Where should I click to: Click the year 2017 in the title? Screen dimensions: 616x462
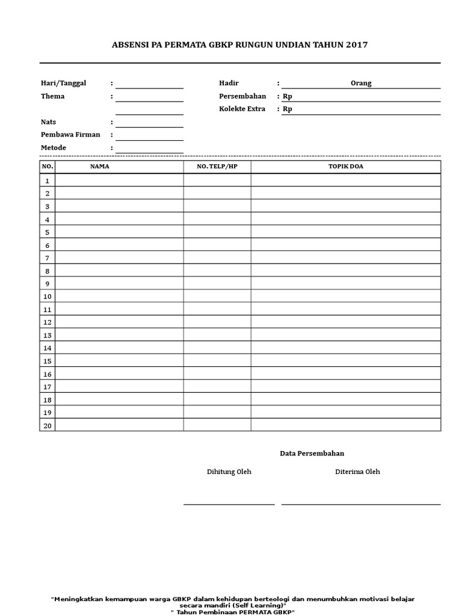[x=357, y=45]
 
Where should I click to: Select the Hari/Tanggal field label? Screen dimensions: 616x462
[x=64, y=83]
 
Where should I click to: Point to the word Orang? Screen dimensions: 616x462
[x=361, y=84]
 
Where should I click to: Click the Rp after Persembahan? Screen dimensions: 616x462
[x=288, y=96]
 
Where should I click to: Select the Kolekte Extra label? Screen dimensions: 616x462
[x=242, y=109]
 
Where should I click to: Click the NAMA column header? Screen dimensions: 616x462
[x=100, y=167]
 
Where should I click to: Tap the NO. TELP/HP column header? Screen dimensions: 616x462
[x=217, y=167]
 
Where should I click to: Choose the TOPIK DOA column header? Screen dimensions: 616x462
[x=345, y=167]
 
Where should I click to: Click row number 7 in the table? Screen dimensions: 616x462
[x=47, y=258]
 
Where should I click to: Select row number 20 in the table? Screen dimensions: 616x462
[x=47, y=425]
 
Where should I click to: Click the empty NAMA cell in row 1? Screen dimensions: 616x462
[x=119, y=180]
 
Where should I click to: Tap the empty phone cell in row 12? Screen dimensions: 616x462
[x=217, y=322]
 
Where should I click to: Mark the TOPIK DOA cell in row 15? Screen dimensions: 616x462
[x=345, y=360]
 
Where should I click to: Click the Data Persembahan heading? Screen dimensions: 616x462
[x=312, y=454]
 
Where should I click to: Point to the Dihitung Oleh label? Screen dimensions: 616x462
[x=229, y=472]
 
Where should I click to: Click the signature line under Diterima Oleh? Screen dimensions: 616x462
[x=361, y=504]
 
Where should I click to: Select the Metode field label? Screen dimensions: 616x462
[x=54, y=148]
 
